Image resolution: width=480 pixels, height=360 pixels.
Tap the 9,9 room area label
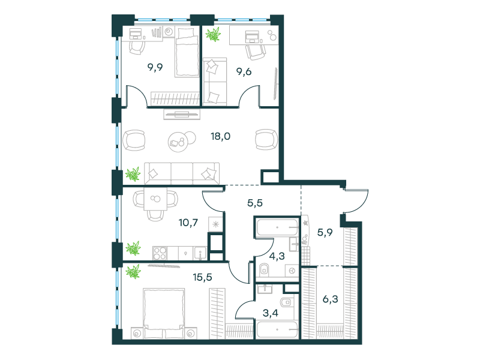coord(155,68)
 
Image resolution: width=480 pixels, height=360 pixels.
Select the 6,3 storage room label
coord(331,298)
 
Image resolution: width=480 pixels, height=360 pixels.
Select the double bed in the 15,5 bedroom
coord(161,312)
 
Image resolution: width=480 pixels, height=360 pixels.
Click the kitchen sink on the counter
coord(199,251)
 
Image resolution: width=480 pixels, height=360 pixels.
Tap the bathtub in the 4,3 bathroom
coord(277,228)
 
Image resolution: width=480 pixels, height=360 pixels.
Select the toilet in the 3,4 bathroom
coord(286,303)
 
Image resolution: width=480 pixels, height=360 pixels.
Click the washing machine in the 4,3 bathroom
coord(292,271)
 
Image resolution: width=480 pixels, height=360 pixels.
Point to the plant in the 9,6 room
coord(212,34)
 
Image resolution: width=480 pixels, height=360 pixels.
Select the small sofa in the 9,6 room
coord(214,80)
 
